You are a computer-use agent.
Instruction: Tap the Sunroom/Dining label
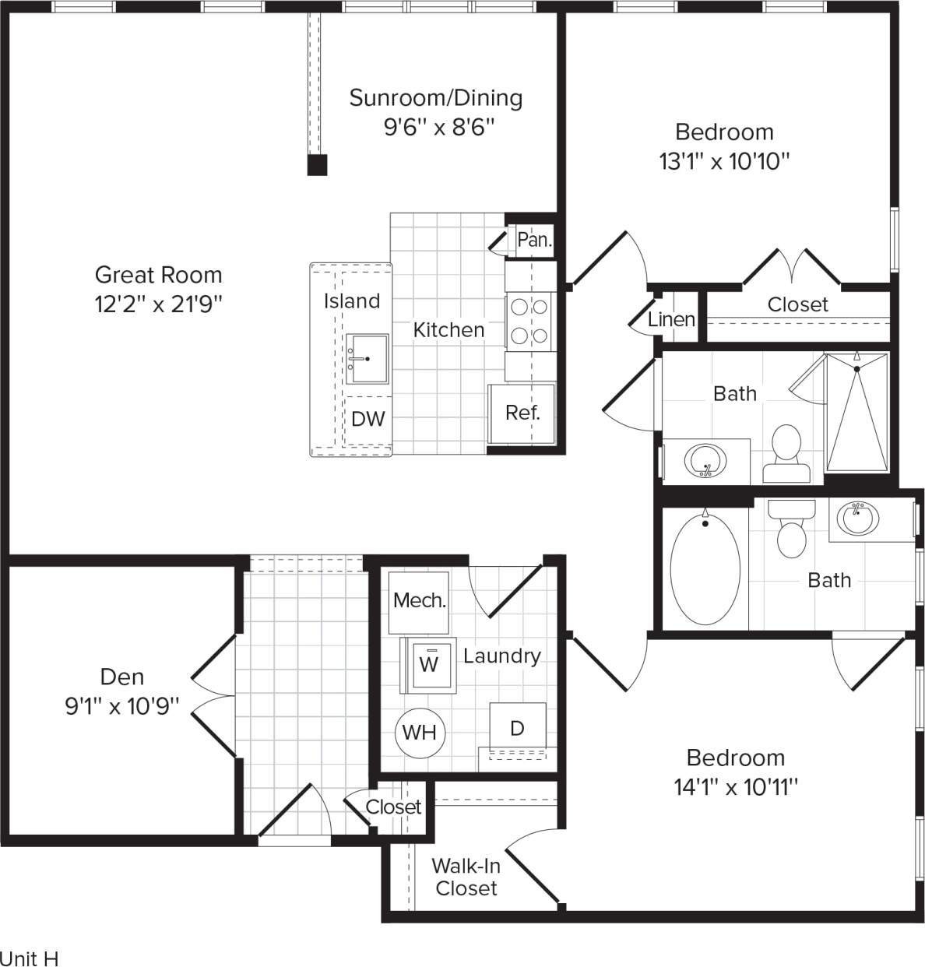point(435,98)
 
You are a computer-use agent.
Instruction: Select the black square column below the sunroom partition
point(317,165)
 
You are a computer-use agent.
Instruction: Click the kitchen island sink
point(367,359)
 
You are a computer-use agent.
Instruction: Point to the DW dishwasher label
point(368,419)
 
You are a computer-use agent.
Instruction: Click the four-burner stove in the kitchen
point(529,322)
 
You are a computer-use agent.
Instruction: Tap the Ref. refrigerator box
point(522,413)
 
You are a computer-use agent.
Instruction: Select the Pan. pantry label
point(534,240)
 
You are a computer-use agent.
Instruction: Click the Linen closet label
point(671,319)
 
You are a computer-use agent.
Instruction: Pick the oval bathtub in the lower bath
point(705,568)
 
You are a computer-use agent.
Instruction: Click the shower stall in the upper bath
point(856,413)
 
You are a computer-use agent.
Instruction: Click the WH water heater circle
point(420,733)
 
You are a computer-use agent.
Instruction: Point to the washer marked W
point(428,665)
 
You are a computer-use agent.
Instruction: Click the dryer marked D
point(517,729)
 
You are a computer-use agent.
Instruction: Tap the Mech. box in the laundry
point(419,600)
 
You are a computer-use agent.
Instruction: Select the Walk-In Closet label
point(466,877)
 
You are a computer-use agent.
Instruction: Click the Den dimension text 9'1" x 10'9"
point(122,706)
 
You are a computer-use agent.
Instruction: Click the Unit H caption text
point(30,958)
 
